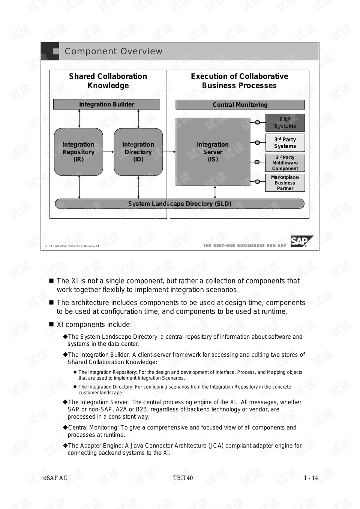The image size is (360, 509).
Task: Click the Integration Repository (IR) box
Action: (x=78, y=152)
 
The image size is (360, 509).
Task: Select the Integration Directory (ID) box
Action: (x=138, y=152)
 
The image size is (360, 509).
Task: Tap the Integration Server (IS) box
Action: (x=213, y=152)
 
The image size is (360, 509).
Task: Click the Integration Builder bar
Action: (x=106, y=104)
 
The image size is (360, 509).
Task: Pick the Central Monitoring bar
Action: (x=240, y=105)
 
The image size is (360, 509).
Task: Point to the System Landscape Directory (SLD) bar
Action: (x=180, y=204)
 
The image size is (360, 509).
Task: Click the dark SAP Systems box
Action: (x=285, y=123)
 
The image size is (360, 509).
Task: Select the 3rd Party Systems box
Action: (x=285, y=143)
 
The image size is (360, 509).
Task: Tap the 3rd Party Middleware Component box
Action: (x=285, y=163)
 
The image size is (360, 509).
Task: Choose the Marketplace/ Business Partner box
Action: (x=285, y=183)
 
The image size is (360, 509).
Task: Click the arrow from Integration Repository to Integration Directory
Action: (x=108, y=152)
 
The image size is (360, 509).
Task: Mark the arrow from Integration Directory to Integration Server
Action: (x=169, y=152)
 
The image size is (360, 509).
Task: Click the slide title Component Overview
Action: (x=114, y=51)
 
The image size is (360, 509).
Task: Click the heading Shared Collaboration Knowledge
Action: (x=108, y=81)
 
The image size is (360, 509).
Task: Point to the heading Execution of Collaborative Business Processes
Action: (x=239, y=81)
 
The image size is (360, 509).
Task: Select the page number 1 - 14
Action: (x=311, y=478)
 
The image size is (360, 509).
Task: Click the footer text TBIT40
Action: (x=183, y=478)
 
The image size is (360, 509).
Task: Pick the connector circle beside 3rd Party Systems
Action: (x=257, y=143)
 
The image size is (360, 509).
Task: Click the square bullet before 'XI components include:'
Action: (x=51, y=324)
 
